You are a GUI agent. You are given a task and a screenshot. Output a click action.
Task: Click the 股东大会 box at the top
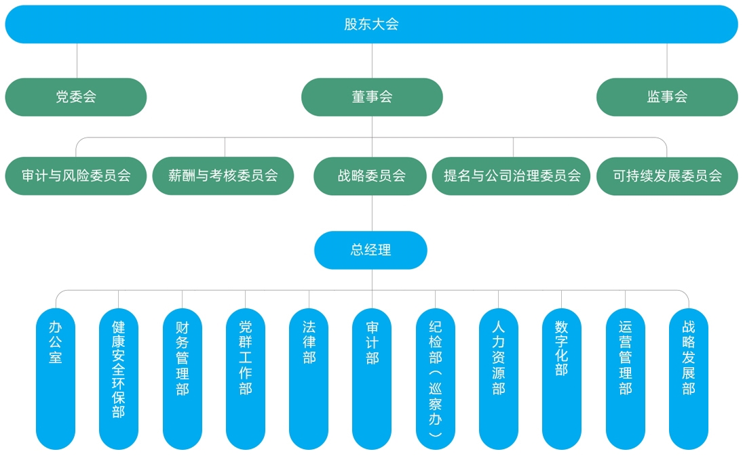click(x=371, y=24)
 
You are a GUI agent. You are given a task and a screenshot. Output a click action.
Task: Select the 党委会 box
click(x=76, y=97)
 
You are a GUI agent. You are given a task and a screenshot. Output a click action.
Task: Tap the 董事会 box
click(x=372, y=97)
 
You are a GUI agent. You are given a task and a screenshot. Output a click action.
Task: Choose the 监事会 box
click(x=667, y=97)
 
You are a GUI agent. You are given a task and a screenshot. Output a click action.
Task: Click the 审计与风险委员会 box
click(x=76, y=176)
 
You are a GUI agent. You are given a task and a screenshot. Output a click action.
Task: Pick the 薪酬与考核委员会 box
click(x=224, y=176)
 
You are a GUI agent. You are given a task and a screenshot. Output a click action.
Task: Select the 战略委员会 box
click(x=370, y=176)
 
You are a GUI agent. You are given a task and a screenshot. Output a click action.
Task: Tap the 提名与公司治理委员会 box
click(x=512, y=176)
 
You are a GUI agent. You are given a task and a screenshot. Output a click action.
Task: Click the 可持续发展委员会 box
click(x=667, y=176)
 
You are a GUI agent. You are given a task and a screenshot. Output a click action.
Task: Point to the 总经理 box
click(x=370, y=250)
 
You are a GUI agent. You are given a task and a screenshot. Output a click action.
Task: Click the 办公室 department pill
click(x=56, y=379)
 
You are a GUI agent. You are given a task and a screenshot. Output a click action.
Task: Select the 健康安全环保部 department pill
click(x=119, y=379)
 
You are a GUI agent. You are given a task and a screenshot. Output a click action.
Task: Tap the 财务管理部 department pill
click(x=183, y=379)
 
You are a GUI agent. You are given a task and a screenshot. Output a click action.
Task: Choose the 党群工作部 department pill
click(x=246, y=379)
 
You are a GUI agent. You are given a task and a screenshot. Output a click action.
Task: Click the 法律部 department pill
click(x=309, y=379)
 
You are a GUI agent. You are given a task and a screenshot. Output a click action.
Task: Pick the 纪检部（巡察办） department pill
click(x=436, y=379)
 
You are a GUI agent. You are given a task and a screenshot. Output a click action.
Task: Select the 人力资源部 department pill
click(x=499, y=379)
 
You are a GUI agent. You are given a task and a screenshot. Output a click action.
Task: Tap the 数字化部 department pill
click(x=562, y=379)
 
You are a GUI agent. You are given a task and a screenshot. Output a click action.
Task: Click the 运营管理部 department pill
click(x=626, y=379)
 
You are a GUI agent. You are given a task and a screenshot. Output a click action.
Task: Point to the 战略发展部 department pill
click(x=689, y=379)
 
